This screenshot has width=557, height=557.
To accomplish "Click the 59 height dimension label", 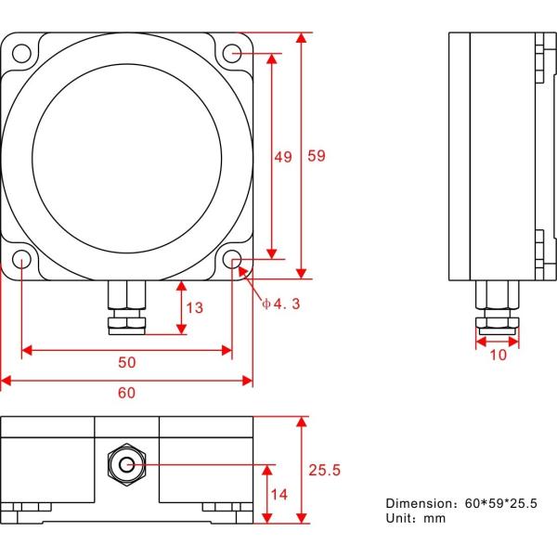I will pos(316,157).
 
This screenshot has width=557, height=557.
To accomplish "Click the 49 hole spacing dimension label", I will pos(282,157).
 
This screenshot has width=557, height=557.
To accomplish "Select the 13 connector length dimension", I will pos(193,307).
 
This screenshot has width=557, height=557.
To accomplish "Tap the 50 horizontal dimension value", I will pos(125,361).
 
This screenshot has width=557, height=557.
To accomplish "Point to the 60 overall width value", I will pos(125,393).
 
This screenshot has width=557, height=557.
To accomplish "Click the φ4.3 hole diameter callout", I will pos(280,304).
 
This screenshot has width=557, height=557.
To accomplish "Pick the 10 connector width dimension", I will pos(498,355).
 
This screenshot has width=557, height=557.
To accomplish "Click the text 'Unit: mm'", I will pos(416,518).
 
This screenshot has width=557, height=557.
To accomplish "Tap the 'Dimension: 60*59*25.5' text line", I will pos(461,502).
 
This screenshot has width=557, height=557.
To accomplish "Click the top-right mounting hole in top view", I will pos(232,56).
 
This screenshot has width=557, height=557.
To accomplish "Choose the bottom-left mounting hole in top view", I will pos(20,259).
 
